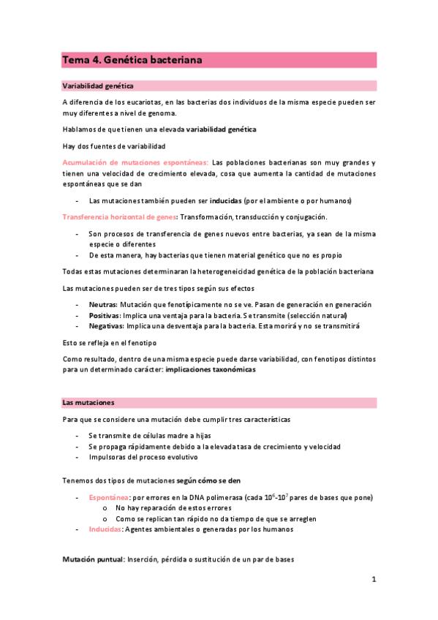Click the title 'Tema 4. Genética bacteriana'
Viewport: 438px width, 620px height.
pos(132,60)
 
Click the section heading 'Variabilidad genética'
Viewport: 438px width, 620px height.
pos(97,86)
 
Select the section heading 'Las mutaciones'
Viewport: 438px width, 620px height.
pos(87,402)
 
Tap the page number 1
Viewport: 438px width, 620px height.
pos(373,580)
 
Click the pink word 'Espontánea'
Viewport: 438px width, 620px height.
pos(109,497)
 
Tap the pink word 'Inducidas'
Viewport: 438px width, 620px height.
pos(105,529)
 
